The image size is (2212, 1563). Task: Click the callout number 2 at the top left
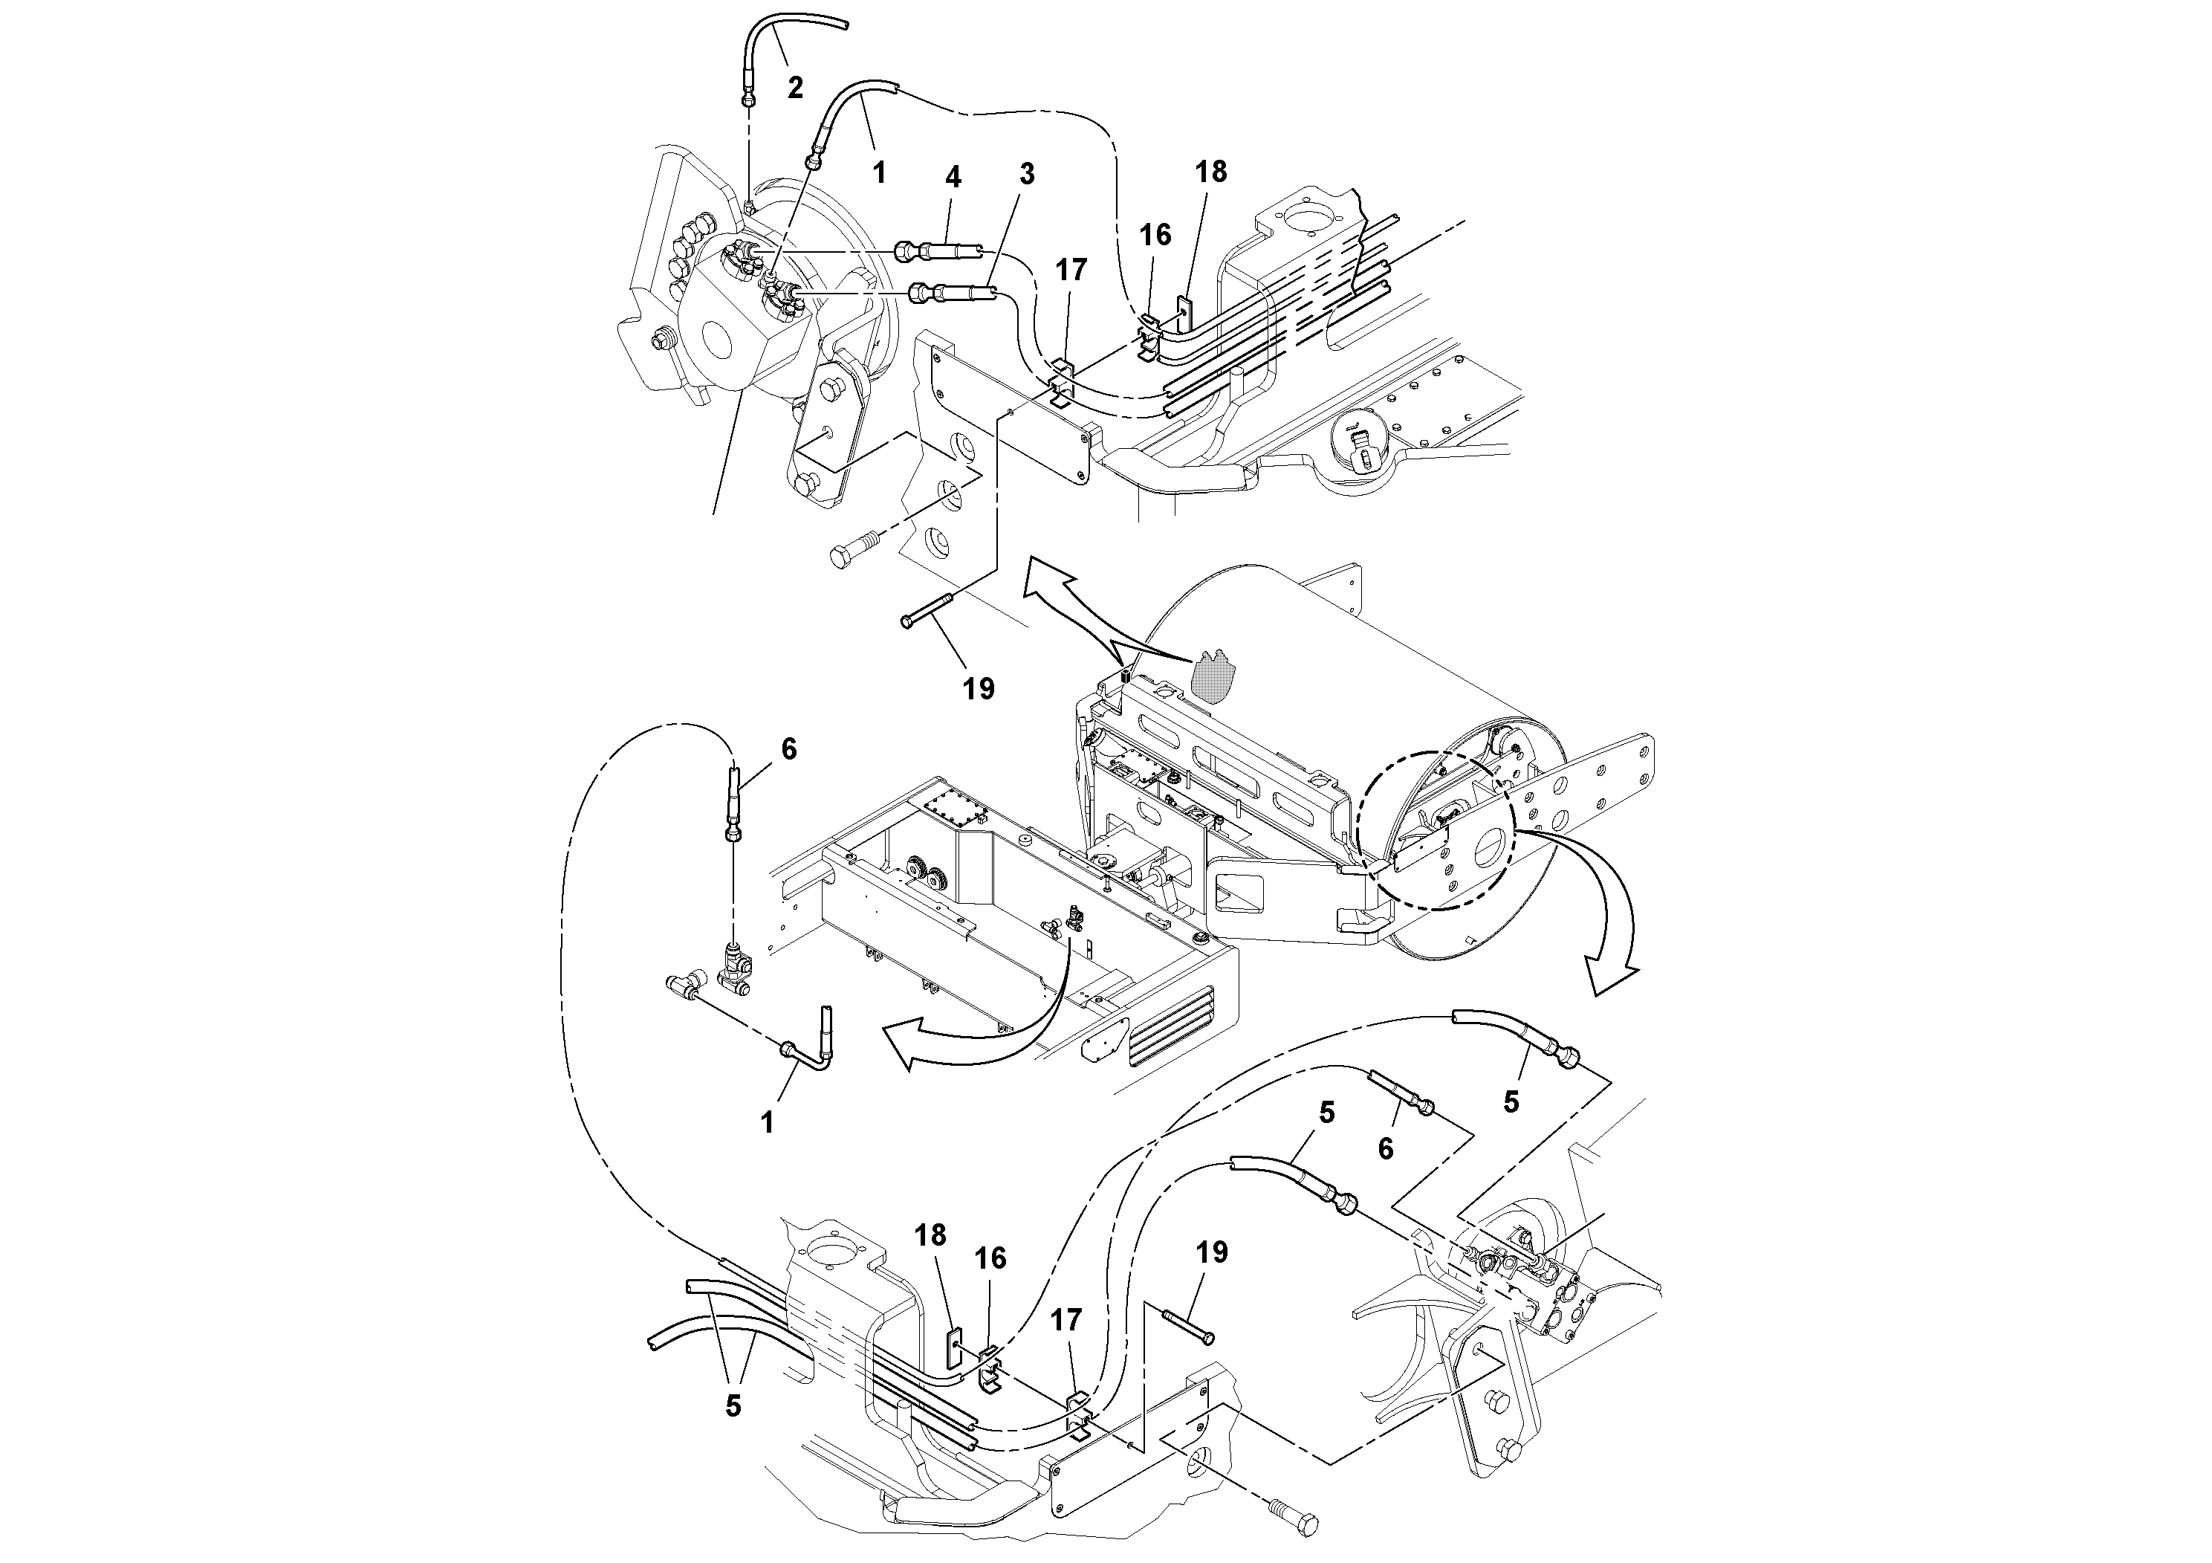pos(795,88)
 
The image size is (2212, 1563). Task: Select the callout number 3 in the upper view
pos(1027,175)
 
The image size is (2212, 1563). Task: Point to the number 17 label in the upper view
pos(1071,270)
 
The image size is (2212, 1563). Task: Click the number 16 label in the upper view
pos(1155,235)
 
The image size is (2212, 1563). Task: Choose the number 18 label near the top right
pos(1211,172)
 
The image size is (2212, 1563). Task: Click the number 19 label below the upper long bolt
pos(978,689)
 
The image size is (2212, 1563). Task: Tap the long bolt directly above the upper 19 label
pos(926,611)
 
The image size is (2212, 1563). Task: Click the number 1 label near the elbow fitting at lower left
pos(767,1122)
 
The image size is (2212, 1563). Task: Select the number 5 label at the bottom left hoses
pos(733,1406)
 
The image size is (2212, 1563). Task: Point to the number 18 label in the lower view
pos(931,1235)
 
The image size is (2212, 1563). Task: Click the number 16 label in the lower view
pos(990,1258)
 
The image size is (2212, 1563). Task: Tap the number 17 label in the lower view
pos(1066,1319)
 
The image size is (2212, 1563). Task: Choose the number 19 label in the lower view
pos(1212,1253)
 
